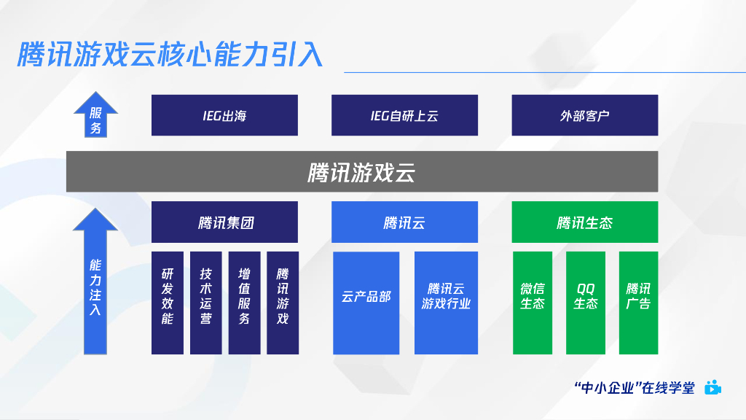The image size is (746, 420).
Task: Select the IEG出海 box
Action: click(x=224, y=115)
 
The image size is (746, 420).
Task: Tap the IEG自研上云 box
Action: click(x=404, y=115)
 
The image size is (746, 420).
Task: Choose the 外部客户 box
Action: click(x=584, y=115)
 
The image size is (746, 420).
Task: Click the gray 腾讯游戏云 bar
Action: click(x=362, y=172)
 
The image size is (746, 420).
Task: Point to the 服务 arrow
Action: click(x=95, y=117)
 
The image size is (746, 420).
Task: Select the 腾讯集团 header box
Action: click(x=224, y=222)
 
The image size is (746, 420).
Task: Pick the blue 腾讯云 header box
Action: click(x=404, y=222)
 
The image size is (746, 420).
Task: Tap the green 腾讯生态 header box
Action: click(x=584, y=222)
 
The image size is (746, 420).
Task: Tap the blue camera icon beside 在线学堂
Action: click(x=712, y=388)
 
